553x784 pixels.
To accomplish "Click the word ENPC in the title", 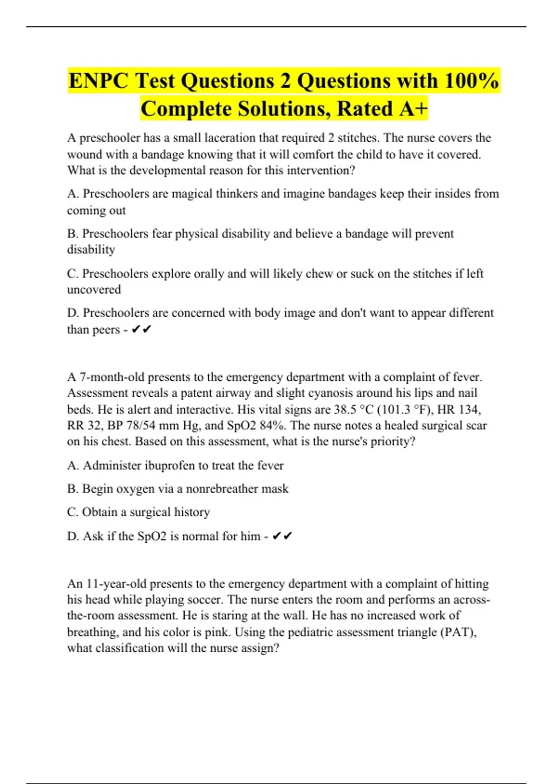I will (x=98, y=81).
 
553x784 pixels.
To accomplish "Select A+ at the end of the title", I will (x=413, y=109).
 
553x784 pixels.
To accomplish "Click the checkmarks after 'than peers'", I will (x=141, y=330).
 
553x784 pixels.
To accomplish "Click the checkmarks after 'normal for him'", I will (x=282, y=536).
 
